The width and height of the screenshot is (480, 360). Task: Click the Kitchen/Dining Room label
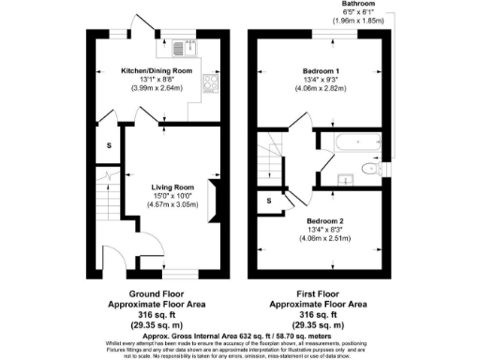click(x=157, y=71)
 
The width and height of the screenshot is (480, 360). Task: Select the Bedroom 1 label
click(x=321, y=71)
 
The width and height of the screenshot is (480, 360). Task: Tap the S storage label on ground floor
click(x=109, y=145)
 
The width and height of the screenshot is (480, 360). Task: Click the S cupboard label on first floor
click(x=269, y=199)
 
